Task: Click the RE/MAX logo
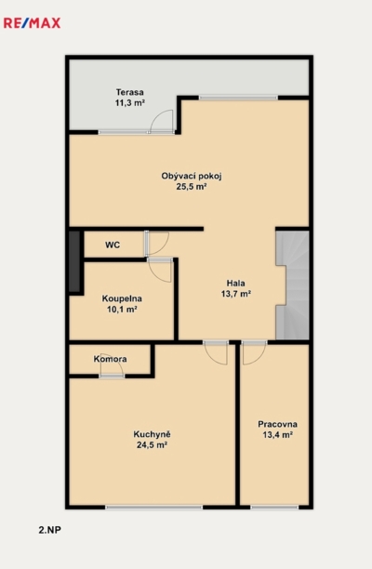tap(32, 23)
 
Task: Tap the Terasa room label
tap(130, 92)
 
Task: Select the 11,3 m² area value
tap(130, 102)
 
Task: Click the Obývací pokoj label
tap(192, 177)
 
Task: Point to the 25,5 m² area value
tap(192, 187)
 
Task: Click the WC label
tap(113, 245)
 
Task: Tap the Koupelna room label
tap(122, 298)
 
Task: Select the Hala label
tap(236, 283)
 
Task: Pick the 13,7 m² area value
tap(236, 294)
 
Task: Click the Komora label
tap(111, 359)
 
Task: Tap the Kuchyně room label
tap(153, 434)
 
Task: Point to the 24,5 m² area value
tap(153, 445)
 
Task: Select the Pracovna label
tap(278, 424)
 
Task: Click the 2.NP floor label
tap(49, 530)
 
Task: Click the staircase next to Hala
tap(293, 285)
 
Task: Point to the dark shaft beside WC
tap(74, 261)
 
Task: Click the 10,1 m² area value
tap(122, 310)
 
